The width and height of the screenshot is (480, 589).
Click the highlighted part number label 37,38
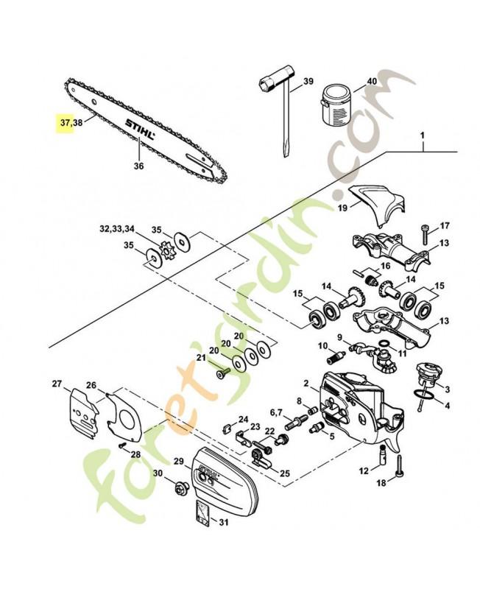click(x=72, y=124)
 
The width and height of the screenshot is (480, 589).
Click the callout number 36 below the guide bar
click(x=138, y=166)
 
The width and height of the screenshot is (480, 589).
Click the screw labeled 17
click(x=426, y=234)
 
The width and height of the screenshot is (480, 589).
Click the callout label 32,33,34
click(x=118, y=229)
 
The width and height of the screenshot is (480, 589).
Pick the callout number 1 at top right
click(x=423, y=135)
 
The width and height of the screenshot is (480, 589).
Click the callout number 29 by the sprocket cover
click(x=177, y=460)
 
